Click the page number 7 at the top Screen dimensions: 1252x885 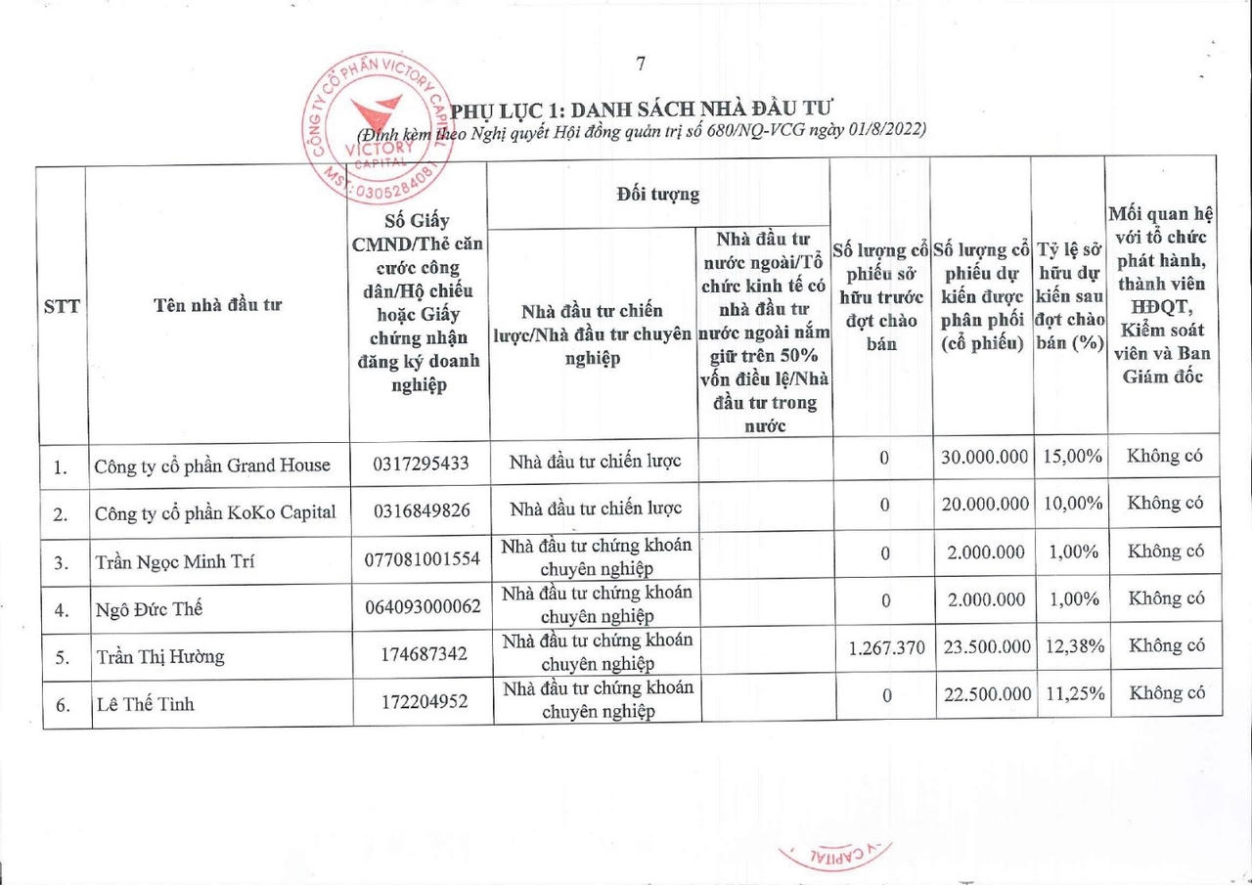pos(641,65)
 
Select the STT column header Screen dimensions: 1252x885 pos(62,305)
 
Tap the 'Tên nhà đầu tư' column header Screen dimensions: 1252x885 pos(217,304)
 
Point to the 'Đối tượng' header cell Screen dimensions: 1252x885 pos(658,194)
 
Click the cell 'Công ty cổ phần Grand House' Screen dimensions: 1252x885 pos(212,465)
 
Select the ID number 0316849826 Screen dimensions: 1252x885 pos(421,511)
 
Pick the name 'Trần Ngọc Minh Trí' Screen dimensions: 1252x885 pos(176,561)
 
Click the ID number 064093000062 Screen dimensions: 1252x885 pos(423,606)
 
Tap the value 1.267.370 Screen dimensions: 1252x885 pos(883,647)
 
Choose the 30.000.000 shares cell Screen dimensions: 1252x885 pos(985,457)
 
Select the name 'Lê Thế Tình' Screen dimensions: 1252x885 pos(145,703)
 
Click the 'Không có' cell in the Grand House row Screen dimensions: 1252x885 pos(1164,456)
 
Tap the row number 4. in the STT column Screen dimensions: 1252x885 pos(62,610)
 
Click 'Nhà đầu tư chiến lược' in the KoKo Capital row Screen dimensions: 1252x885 pos(595,508)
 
